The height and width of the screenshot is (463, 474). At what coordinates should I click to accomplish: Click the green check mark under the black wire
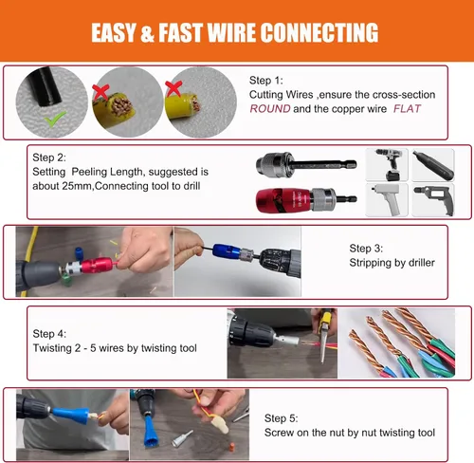tap(55, 119)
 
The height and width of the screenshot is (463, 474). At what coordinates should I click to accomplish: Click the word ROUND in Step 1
tap(270, 109)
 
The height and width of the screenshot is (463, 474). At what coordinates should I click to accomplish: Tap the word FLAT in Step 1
tap(407, 109)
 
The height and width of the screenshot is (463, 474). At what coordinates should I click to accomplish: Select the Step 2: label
tap(49, 157)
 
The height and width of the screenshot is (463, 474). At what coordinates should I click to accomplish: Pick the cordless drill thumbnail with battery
tap(387, 165)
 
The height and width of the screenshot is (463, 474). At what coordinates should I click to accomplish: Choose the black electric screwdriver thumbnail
tap(433, 165)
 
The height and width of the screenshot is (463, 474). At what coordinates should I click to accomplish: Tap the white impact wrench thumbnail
tap(387, 200)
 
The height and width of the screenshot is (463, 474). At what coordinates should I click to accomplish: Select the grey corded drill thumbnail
tap(433, 200)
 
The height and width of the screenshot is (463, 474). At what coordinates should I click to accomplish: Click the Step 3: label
tap(366, 249)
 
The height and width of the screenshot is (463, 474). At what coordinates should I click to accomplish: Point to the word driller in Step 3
tap(422, 263)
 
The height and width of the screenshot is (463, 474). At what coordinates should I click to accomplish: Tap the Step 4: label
tap(49, 334)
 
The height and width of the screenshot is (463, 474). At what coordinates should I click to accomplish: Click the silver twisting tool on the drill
tap(287, 341)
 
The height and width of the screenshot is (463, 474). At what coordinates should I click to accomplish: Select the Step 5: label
tap(281, 418)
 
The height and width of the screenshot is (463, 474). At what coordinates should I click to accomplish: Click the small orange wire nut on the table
tap(232, 448)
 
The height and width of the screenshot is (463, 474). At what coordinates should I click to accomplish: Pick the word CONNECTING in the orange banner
tap(319, 32)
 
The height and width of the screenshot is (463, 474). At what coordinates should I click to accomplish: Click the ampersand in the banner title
tap(147, 33)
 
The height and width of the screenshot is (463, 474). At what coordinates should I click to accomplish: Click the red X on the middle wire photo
tap(100, 92)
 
